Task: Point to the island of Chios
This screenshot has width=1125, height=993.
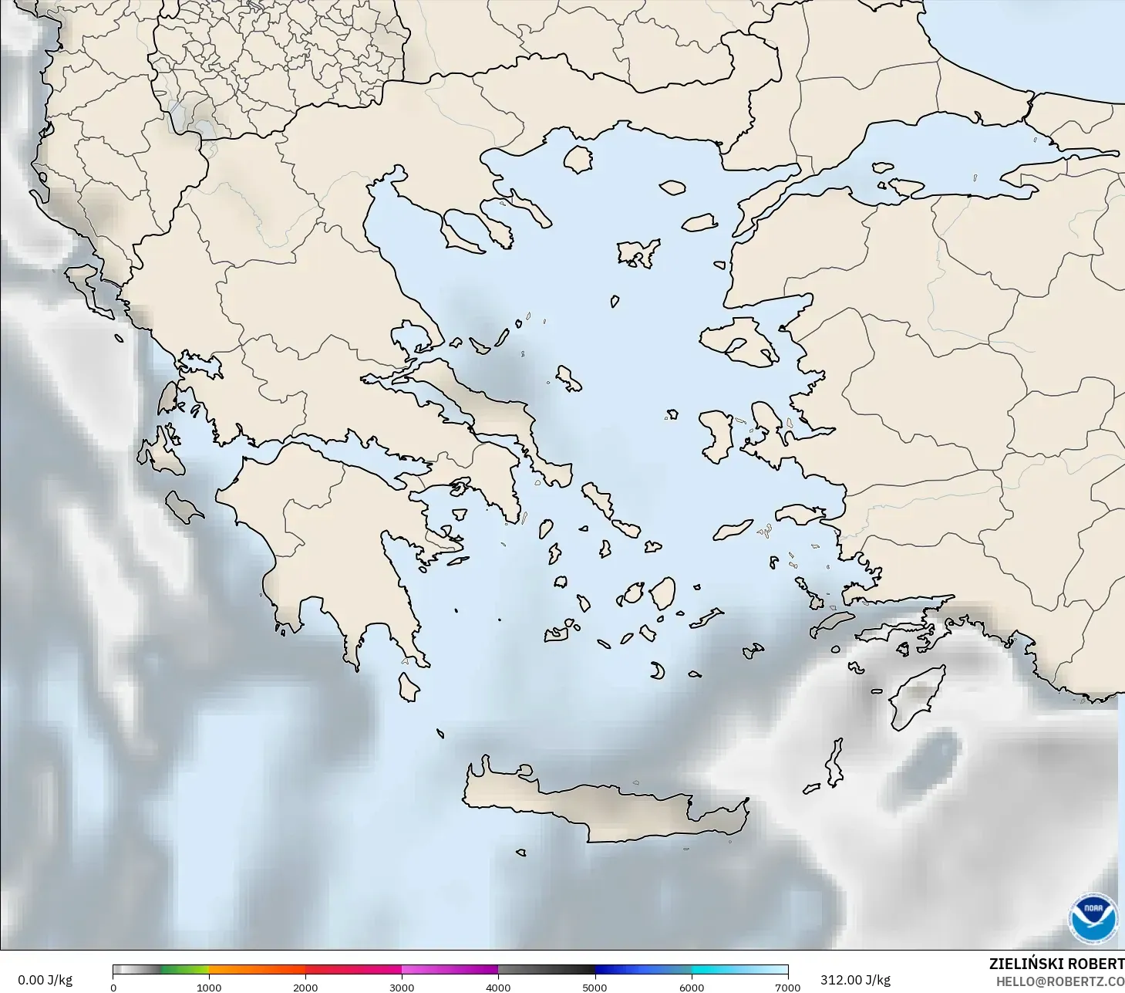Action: click(717, 436)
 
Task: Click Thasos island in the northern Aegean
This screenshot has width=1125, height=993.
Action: click(578, 159)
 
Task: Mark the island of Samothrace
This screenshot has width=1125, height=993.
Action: click(672, 187)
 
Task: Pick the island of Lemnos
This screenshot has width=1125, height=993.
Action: click(638, 252)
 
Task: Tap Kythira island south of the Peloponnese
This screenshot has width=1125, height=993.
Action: click(408, 687)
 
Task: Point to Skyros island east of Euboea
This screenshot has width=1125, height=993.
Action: click(568, 378)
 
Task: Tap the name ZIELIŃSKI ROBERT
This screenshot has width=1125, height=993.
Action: click(1056, 964)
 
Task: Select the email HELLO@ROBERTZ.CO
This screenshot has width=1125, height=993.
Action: click(1059, 981)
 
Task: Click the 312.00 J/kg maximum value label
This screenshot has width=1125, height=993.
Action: click(855, 980)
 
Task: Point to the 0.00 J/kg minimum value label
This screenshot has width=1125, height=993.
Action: click(45, 980)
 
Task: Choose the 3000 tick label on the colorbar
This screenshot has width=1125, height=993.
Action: click(402, 987)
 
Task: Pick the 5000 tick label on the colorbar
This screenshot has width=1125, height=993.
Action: click(594, 987)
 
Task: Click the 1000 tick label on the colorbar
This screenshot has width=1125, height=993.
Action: click(209, 987)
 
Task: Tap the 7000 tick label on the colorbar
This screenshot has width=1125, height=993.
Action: click(787, 987)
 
